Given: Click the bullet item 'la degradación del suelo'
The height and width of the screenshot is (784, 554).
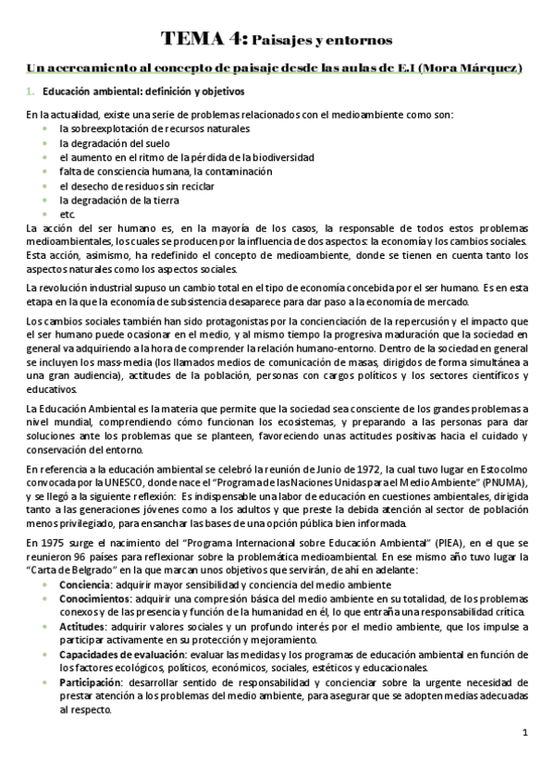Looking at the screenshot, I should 109,143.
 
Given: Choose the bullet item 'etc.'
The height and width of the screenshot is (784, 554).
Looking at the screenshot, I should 67,214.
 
